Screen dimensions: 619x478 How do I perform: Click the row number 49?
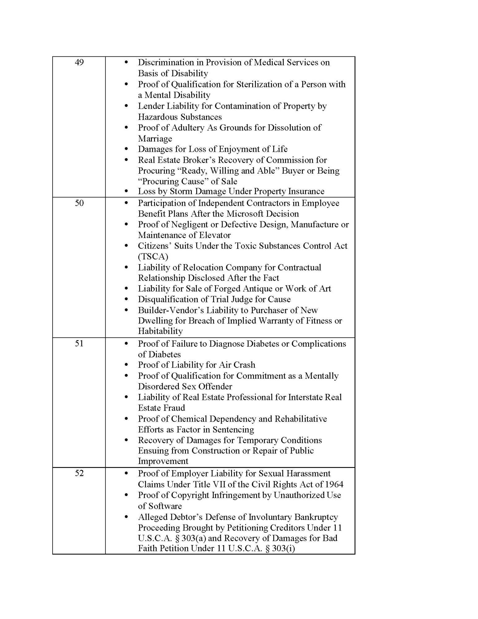79,63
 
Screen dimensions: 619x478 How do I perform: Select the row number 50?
79,203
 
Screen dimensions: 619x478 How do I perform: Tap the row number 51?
79,344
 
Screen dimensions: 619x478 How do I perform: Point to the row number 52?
79,473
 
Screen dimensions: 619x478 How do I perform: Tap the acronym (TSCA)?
153,257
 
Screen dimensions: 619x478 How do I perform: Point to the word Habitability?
160,331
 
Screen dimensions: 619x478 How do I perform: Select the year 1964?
333,484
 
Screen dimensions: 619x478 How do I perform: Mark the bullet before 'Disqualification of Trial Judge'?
126,299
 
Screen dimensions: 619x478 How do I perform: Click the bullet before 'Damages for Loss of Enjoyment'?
126,149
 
